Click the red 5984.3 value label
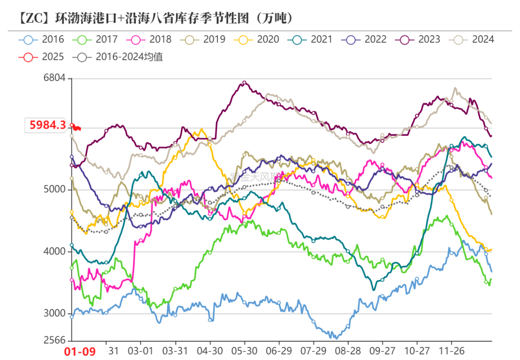point(47,125)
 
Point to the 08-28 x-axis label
point(348,351)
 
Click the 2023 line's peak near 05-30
point(244,83)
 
